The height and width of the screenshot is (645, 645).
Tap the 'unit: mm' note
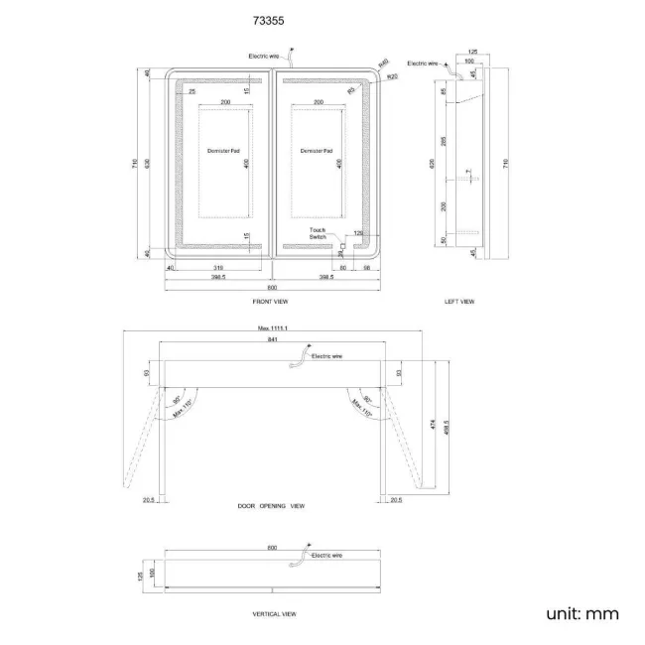582,613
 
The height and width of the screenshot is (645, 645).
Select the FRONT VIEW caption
270,301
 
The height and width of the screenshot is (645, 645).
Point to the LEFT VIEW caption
459,301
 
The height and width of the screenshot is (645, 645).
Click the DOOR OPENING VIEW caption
271,505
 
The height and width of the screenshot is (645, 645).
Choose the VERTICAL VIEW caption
274,614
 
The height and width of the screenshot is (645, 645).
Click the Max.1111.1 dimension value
272,326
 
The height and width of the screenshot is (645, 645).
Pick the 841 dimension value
272,339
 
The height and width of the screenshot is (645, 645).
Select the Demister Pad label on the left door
223,151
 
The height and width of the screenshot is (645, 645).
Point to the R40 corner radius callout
384,62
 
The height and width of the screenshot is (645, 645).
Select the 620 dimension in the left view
432,163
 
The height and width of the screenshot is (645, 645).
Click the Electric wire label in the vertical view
326,557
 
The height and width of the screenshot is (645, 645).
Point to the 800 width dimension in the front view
271,287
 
